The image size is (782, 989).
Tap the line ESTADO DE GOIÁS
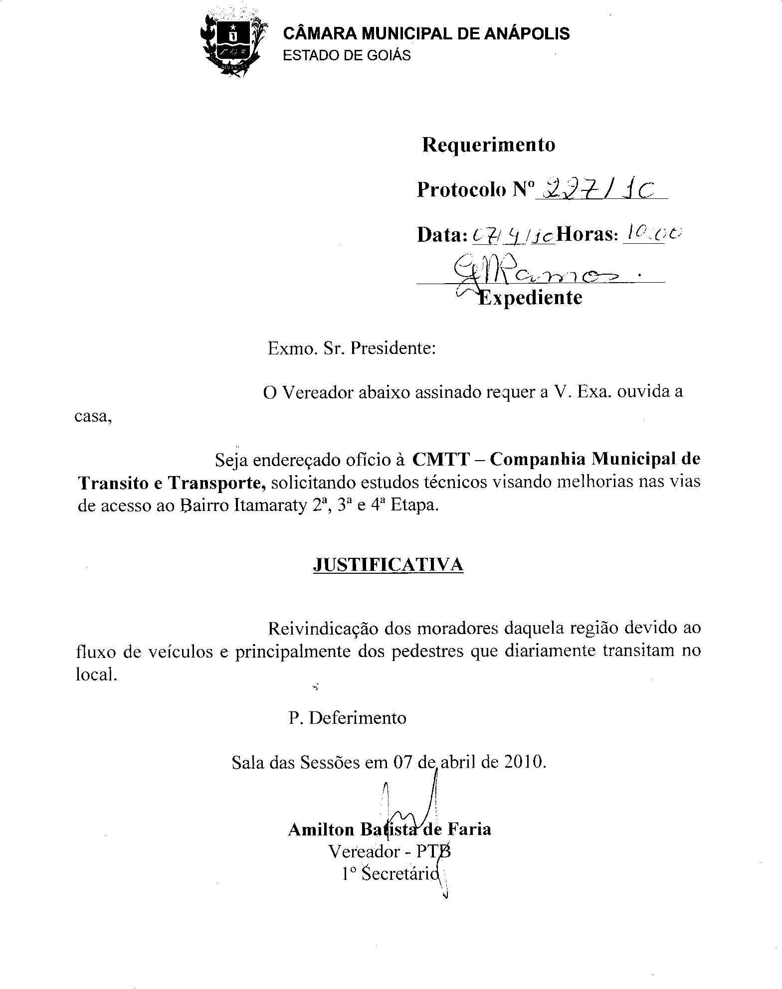tap(347, 55)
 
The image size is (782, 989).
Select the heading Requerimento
tap(488, 145)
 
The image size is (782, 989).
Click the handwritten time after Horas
tap(650, 232)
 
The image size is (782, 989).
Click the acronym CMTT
tap(441, 459)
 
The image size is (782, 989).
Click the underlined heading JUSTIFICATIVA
tap(388, 565)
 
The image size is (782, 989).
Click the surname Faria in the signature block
tap(469, 829)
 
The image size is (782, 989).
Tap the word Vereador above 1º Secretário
tap(364, 851)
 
